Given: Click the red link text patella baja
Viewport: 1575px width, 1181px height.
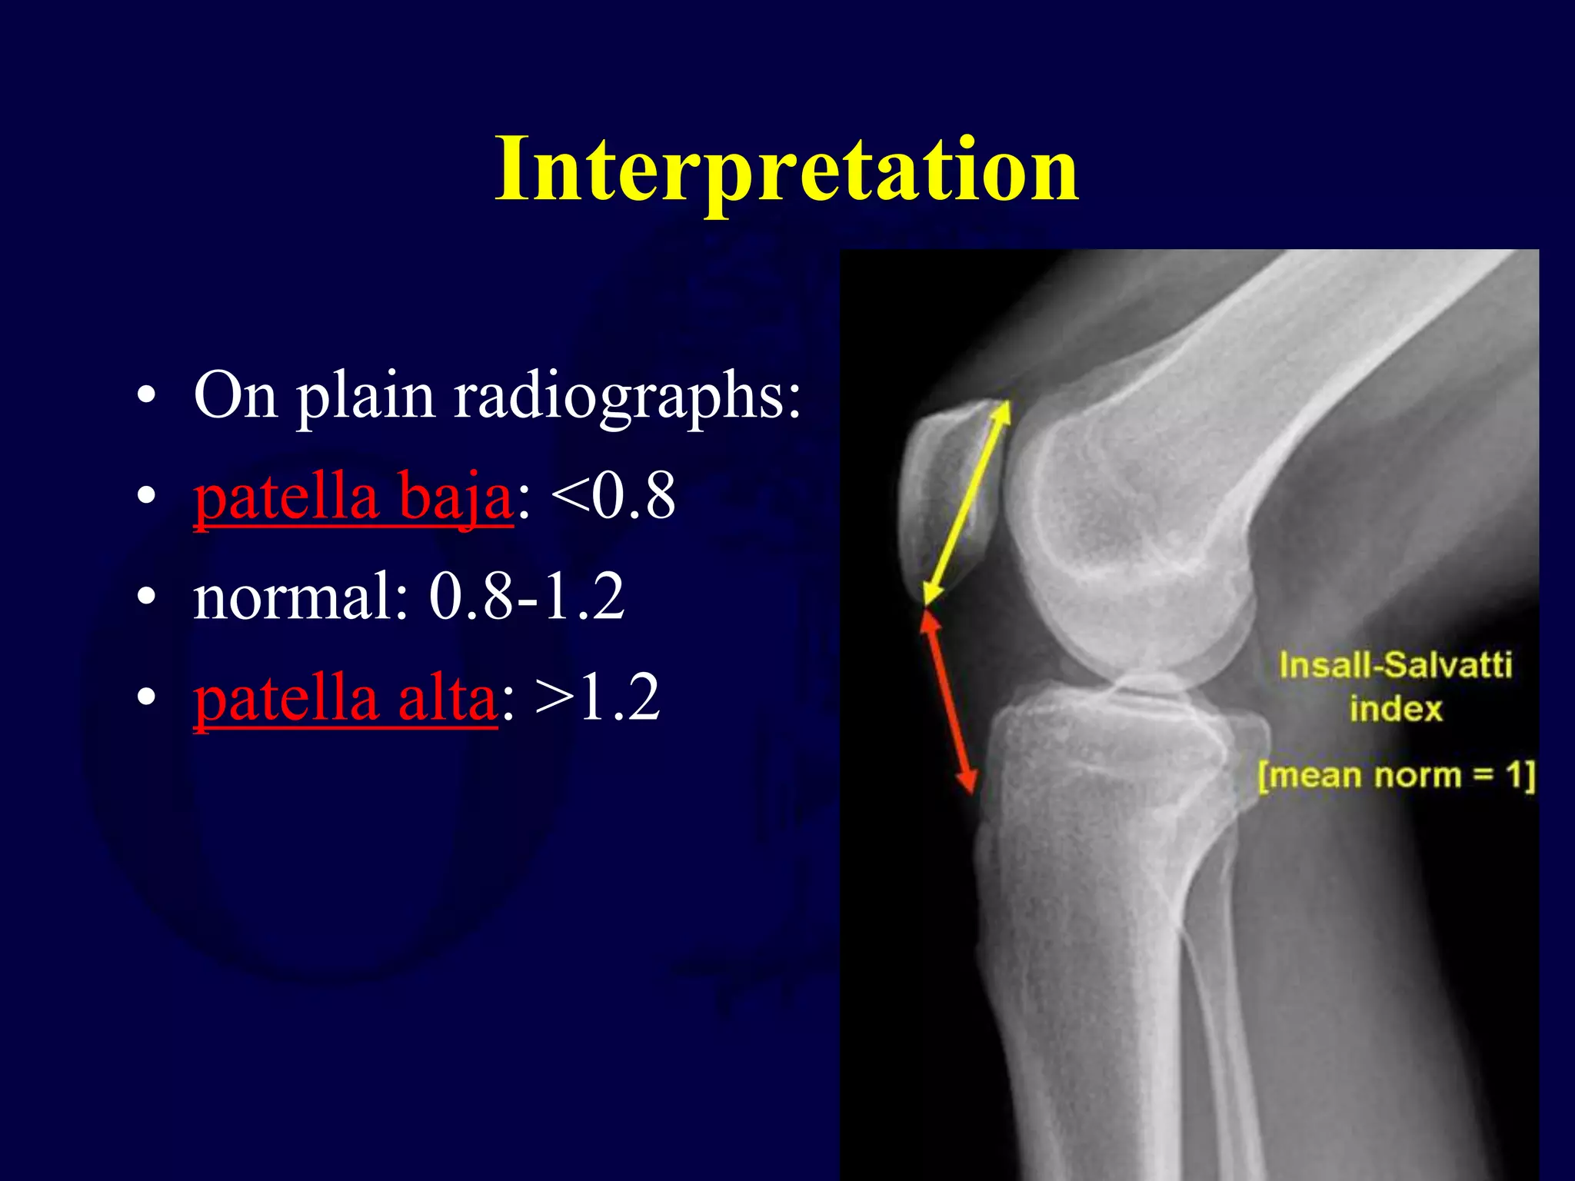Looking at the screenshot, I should click(352, 498).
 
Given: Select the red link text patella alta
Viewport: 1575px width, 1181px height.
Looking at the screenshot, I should click(345, 698).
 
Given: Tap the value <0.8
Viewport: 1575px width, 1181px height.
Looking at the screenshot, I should click(613, 497).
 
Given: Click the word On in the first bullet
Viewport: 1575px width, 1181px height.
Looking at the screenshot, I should click(235, 395).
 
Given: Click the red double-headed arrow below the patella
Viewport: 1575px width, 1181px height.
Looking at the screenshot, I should click(951, 700).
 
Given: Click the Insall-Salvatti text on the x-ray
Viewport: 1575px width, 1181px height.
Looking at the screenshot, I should click(1395, 665).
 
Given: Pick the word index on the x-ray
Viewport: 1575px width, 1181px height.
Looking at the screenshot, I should click(1395, 709).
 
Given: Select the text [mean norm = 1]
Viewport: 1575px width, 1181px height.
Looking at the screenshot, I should click(1395, 775).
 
